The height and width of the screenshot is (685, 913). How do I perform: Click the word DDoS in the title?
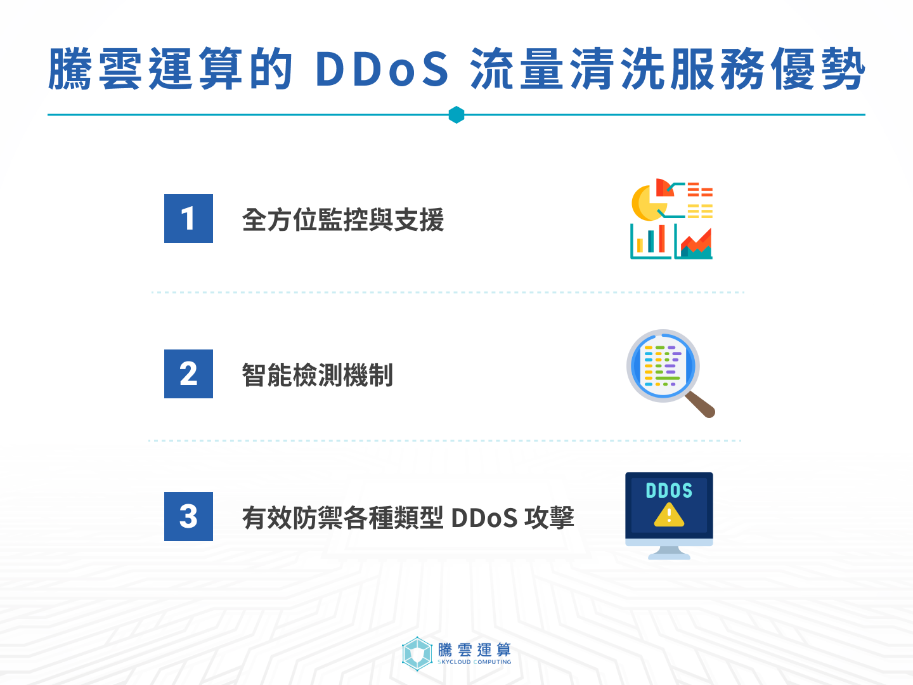pyautogui.click(x=381, y=68)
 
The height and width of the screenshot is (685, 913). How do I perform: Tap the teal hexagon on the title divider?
pyautogui.click(x=456, y=115)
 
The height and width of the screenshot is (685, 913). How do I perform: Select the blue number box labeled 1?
pyautogui.click(x=188, y=219)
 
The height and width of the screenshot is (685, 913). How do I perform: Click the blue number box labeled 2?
pyautogui.click(x=188, y=374)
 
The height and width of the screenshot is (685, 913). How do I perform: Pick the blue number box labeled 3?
pyautogui.click(x=188, y=516)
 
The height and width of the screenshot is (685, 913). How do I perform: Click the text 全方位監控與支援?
pyautogui.click(x=342, y=220)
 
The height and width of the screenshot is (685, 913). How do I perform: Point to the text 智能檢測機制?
pyautogui.click(x=317, y=375)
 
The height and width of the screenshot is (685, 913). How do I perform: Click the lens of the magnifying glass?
pyautogui.click(x=663, y=366)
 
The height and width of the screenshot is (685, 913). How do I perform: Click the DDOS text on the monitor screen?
pyautogui.click(x=669, y=490)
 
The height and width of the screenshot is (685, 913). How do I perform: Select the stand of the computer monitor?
pyautogui.click(x=669, y=552)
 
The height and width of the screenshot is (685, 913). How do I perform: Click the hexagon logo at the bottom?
pyautogui.click(x=417, y=653)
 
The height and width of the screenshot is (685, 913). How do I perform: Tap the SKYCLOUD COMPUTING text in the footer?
pyautogui.click(x=474, y=662)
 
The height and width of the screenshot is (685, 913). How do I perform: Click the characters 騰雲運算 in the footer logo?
pyautogui.click(x=474, y=649)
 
